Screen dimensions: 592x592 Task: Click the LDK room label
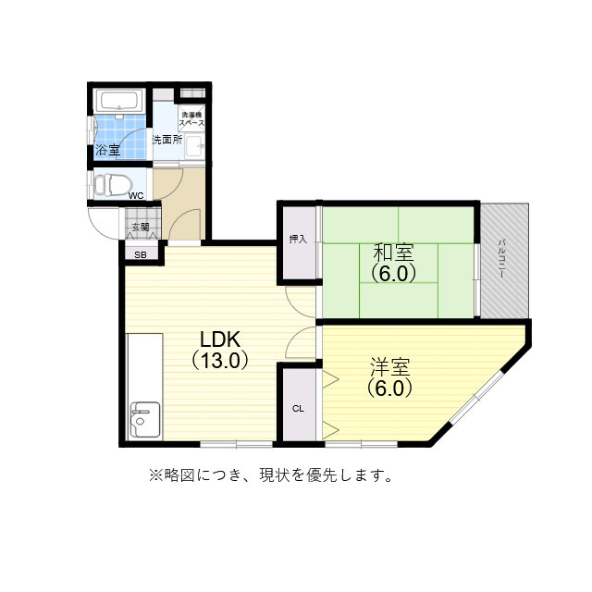pyautogui.click(x=220, y=339)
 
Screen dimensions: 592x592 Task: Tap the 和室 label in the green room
pyautogui.click(x=393, y=252)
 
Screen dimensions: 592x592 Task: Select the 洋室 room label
pyautogui.click(x=388, y=367)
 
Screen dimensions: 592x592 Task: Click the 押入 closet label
pyautogui.click(x=298, y=240)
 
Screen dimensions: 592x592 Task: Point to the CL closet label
pyautogui.click(x=298, y=408)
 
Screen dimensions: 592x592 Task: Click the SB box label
pyautogui.click(x=141, y=254)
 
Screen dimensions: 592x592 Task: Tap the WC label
pyautogui.click(x=136, y=196)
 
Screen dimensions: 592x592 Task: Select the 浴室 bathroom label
pyautogui.click(x=106, y=150)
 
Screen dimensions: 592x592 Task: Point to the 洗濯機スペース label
pyautogui.click(x=192, y=118)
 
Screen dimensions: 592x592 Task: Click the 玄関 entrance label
pyautogui.click(x=140, y=227)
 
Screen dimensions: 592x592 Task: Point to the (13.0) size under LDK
pyautogui.click(x=220, y=361)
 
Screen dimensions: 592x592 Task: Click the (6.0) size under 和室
pyautogui.click(x=393, y=273)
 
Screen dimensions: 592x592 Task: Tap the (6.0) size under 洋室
pyautogui.click(x=388, y=388)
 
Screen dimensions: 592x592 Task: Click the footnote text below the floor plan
pyautogui.click(x=271, y=476)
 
